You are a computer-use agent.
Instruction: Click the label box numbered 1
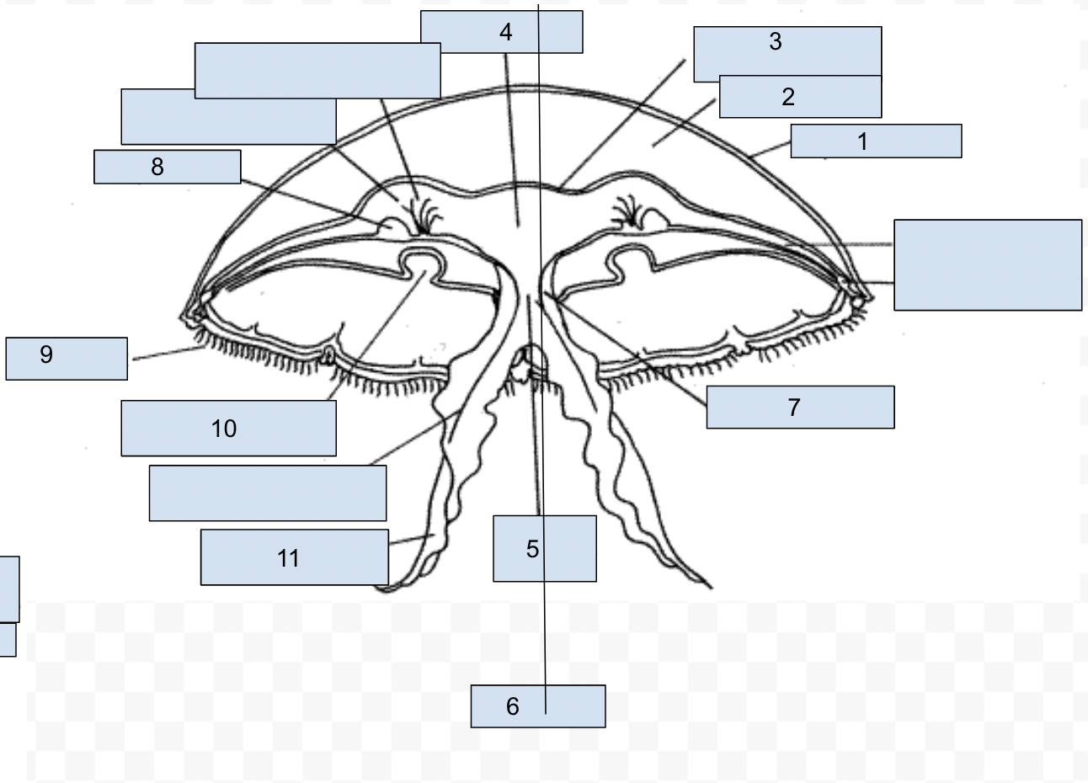(x=876, y=141)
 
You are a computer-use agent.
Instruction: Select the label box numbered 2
(x=800, y=97)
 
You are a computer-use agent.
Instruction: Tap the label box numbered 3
(x=787, y=50)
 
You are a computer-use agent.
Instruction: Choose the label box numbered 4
(x=501, y=32)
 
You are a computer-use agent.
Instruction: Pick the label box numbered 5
(x=544, y=549)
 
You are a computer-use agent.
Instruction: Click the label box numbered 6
(x=537, y=706)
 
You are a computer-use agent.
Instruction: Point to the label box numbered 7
(x=800, y=407)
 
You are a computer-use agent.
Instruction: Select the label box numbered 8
(x=167, y=167)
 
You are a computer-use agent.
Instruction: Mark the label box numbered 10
(x=228, y=429)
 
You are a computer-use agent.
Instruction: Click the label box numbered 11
(x=294, y=557)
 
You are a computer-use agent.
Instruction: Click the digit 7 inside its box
(x=793, y=407)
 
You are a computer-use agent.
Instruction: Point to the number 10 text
(x=224, y=429)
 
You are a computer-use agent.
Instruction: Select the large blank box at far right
(x=988, y=265)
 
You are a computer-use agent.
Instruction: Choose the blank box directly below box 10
(x=268, y=493)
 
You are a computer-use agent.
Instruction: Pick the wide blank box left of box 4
(x=317, y=71)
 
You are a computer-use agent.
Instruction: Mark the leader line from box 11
(x=411, y=540)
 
